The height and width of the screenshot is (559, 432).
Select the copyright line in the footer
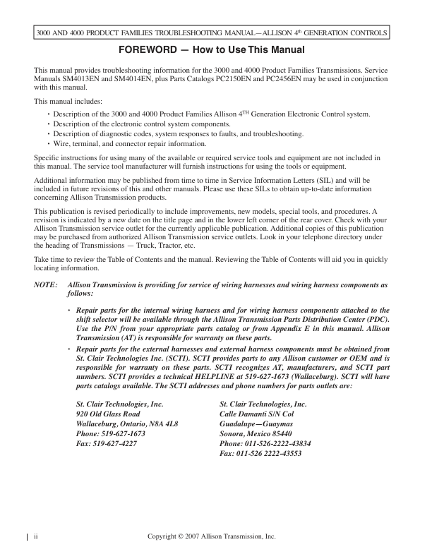click(x=212, y=536)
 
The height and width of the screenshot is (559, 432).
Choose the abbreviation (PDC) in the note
click(x=376, y=320)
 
